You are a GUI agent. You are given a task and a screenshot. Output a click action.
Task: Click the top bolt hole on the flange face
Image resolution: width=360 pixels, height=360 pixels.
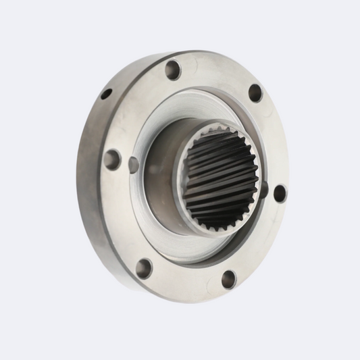click(173, 70)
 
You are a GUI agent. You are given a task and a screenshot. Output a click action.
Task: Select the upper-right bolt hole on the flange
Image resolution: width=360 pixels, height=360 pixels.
click(255, 93)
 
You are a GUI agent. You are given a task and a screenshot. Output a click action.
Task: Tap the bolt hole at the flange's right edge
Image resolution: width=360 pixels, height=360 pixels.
click(279, 193)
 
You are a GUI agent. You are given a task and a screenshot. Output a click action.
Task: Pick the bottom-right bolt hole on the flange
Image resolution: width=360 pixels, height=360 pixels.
click(229, 279)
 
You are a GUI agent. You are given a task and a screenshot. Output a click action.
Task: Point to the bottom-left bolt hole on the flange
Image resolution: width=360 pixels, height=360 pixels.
click(144, 267)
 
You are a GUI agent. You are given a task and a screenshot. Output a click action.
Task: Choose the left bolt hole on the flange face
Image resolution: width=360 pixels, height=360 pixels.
click(111, 160)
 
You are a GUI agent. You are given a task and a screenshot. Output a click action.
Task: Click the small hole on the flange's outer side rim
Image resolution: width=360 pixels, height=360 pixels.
click(106, 94)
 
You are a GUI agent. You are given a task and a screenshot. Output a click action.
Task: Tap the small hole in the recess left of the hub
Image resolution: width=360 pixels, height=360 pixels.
click(133, 164)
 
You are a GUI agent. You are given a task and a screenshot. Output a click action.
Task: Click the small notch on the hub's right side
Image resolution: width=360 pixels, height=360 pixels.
click(263, 190)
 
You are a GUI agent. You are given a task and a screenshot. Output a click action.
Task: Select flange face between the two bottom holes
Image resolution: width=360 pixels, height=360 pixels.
click(186, 280)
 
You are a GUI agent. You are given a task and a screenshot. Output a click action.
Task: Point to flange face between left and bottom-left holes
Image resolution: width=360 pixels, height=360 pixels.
click(122, 216)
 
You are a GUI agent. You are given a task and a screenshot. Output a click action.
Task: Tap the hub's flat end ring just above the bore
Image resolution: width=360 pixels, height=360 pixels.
click(203, 127)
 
